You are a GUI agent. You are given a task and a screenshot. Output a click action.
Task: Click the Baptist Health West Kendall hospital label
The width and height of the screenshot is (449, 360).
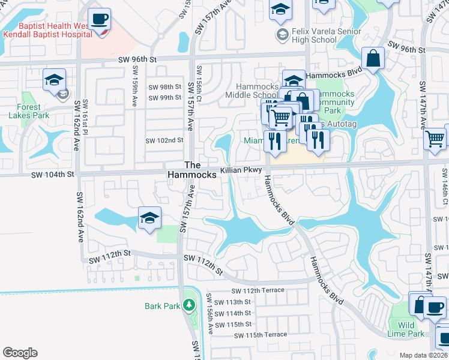45,30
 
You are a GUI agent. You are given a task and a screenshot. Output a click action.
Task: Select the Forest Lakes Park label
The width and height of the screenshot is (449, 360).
25,111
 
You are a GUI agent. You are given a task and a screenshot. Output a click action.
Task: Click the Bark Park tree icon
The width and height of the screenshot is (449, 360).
190,305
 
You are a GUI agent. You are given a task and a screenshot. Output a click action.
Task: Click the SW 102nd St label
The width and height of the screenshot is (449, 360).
164,140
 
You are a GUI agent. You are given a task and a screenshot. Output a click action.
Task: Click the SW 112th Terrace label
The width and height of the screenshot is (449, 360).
252,290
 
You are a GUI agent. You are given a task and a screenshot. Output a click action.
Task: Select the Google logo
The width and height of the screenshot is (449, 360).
20,353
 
